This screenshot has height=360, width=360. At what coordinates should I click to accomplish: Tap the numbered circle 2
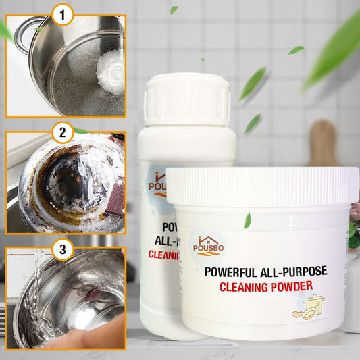point(62,132)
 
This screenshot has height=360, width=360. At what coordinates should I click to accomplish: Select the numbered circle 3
point(63,250)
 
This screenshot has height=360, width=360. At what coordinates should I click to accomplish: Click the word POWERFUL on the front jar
point(228,272)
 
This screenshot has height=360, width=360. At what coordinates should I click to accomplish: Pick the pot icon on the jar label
point(307,307)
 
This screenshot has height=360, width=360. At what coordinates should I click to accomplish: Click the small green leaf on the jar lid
point(247,220)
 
